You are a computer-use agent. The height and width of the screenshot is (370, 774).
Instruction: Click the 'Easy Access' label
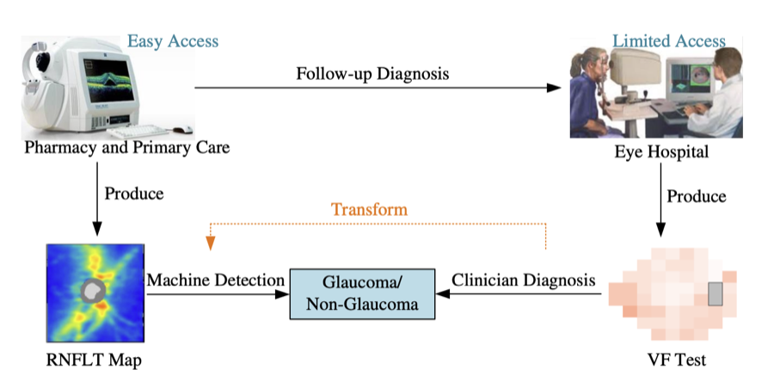[x=173, y=40]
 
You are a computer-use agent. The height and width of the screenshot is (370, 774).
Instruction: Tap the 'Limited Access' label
[x=669, y=40]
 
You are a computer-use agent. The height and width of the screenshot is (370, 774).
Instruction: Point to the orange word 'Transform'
[x=369, y=209]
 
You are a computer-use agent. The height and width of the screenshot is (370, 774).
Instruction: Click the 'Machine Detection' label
[x=215, y=280]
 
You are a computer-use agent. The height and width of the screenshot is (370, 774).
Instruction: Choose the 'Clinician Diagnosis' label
[x=524, y=280]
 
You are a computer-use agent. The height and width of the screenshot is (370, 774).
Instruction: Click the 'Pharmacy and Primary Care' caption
[x=127, y=147]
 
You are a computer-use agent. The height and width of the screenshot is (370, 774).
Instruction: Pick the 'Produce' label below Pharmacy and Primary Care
[x=134, y=192]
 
